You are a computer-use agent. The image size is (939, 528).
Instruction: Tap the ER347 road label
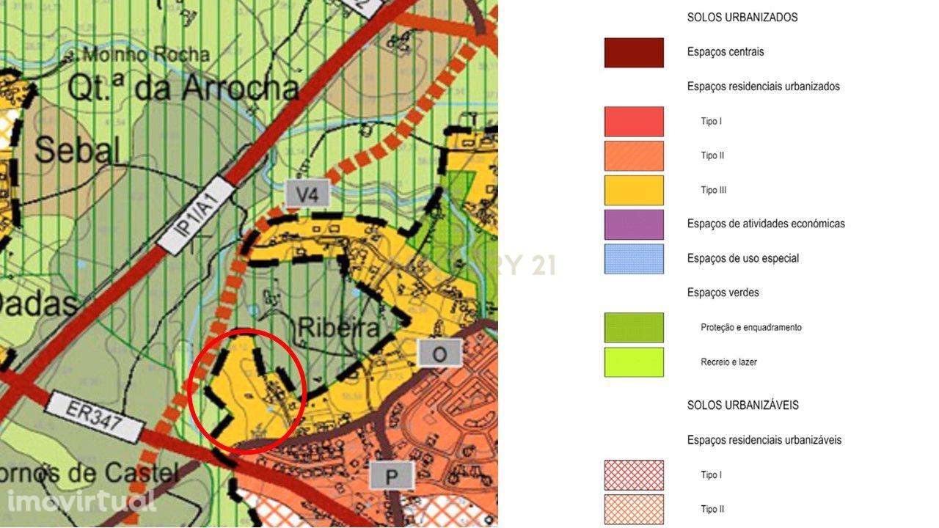pyautogui.click(x=93, y=417)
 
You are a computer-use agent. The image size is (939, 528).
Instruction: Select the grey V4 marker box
pyautogui.click(x=307, y=194)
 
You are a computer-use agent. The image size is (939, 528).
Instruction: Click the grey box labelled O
pyautogui.click(x=439, y=354)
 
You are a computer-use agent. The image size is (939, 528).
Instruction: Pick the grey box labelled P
pyautogui.click(x=392, y=477)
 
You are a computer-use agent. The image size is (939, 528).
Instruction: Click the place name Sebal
pyautogui.click(x=76, y=150)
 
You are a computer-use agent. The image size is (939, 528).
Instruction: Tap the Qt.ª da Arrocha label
pyautogui.click(x=183, y=88)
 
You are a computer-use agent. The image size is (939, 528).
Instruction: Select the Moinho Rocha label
pyautogui.click(x=146, y=54)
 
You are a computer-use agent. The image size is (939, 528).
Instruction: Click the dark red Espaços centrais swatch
pyautogui.click(x=634, y=53)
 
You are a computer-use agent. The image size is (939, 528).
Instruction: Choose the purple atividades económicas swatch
pyautogui.click(x=634, y=224)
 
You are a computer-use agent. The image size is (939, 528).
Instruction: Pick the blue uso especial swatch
pyautogui.click(x=634, y=259)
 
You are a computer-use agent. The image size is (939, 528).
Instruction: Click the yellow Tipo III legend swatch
pyautogui.click(x=634, y=190)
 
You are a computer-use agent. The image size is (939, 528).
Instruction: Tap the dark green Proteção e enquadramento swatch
pyautogui.click(x=634, y=328)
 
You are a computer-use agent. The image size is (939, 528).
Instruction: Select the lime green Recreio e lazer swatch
pyautogui.click(x=634, y=362)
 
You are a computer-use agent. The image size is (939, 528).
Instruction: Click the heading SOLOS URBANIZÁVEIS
pyautogui.click(x=742, y=405)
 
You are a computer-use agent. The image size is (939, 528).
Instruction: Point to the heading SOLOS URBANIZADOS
pyautogui.click(x=742, y=17)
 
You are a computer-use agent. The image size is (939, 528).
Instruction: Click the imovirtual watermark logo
pyautogui.click(x=81, y=502)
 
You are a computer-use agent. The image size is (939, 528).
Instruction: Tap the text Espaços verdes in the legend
pyautogui.click(x=723, y=293)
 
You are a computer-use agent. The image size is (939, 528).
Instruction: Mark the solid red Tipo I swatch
pyautogui.click(x=634, y=122)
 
